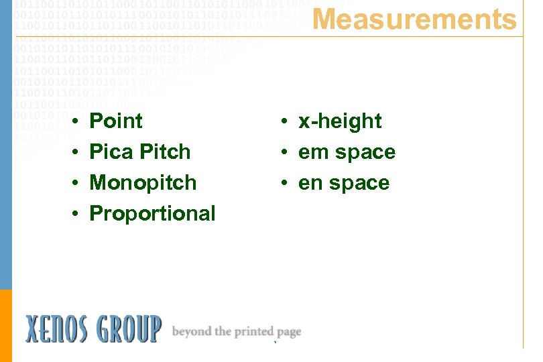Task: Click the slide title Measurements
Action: coord(415,19)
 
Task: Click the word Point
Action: coord(116,121)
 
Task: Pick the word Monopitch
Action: coord(143,183)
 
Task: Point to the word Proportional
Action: coord(152,214)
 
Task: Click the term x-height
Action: coord(340,121)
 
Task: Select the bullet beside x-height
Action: coord(285,122)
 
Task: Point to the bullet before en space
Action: coord(285,184)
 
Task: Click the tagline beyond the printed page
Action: coord(237,332)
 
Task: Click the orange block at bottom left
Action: coord(6,325)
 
